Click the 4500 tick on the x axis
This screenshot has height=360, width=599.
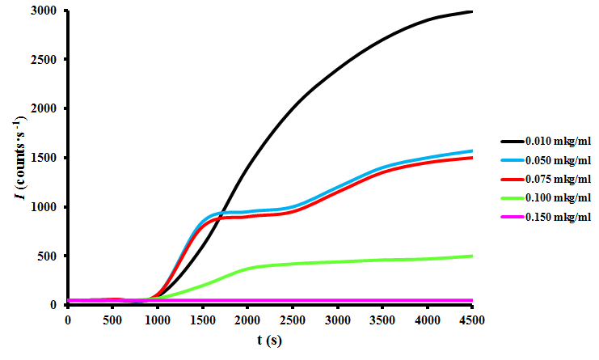472,320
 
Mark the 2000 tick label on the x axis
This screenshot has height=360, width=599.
247,320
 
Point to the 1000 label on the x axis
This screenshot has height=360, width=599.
158,320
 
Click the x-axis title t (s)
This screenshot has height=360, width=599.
269,341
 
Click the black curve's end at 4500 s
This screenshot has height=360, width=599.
472,11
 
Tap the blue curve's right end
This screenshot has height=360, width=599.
472,150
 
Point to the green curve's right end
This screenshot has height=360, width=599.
472,256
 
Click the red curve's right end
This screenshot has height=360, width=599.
472,158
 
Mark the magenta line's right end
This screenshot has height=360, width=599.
472,300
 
